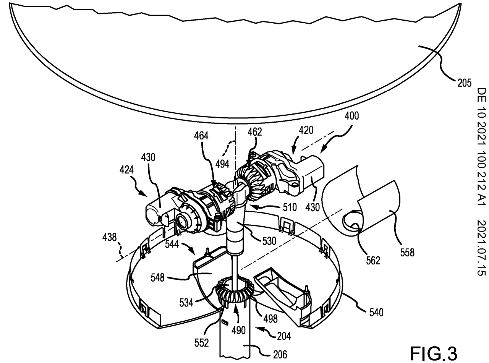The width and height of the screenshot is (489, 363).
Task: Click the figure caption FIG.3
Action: click(433, 352)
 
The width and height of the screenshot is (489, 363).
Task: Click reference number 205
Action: click(464, 83)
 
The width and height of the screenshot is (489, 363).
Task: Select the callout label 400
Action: click(351, 116)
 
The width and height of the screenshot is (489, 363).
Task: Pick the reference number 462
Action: click(254, 132)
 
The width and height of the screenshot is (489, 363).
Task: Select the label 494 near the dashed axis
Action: click(222, 164)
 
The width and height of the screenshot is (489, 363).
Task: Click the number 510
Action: click(289, 208)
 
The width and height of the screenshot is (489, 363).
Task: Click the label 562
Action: click(373, 261)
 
